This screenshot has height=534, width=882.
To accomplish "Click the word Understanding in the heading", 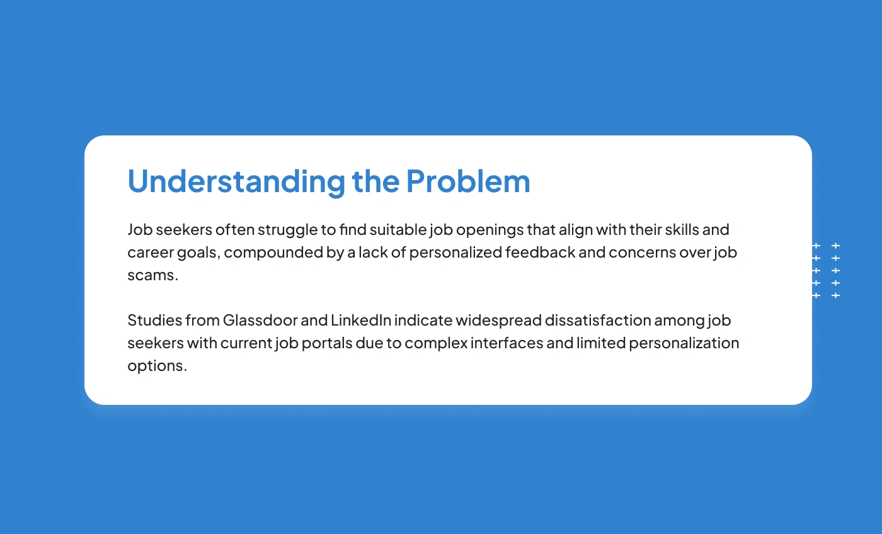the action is pos(236,181).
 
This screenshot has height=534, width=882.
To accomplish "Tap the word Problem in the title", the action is pos(468,181).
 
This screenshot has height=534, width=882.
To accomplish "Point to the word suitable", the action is pos(398,229).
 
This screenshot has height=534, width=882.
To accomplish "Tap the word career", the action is pos(151,253).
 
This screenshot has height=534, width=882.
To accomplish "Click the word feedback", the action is pos(541,253).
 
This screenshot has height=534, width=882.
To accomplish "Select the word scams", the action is pos(152,275).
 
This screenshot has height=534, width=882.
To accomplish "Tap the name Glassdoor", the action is pos(260,321).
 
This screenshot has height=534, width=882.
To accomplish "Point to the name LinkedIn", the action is pos(361,321).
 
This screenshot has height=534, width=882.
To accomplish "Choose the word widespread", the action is pos(499,321).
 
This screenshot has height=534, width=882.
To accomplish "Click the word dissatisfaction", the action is pos(598,321).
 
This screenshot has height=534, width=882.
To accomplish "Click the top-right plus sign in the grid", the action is pos(835,246).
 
